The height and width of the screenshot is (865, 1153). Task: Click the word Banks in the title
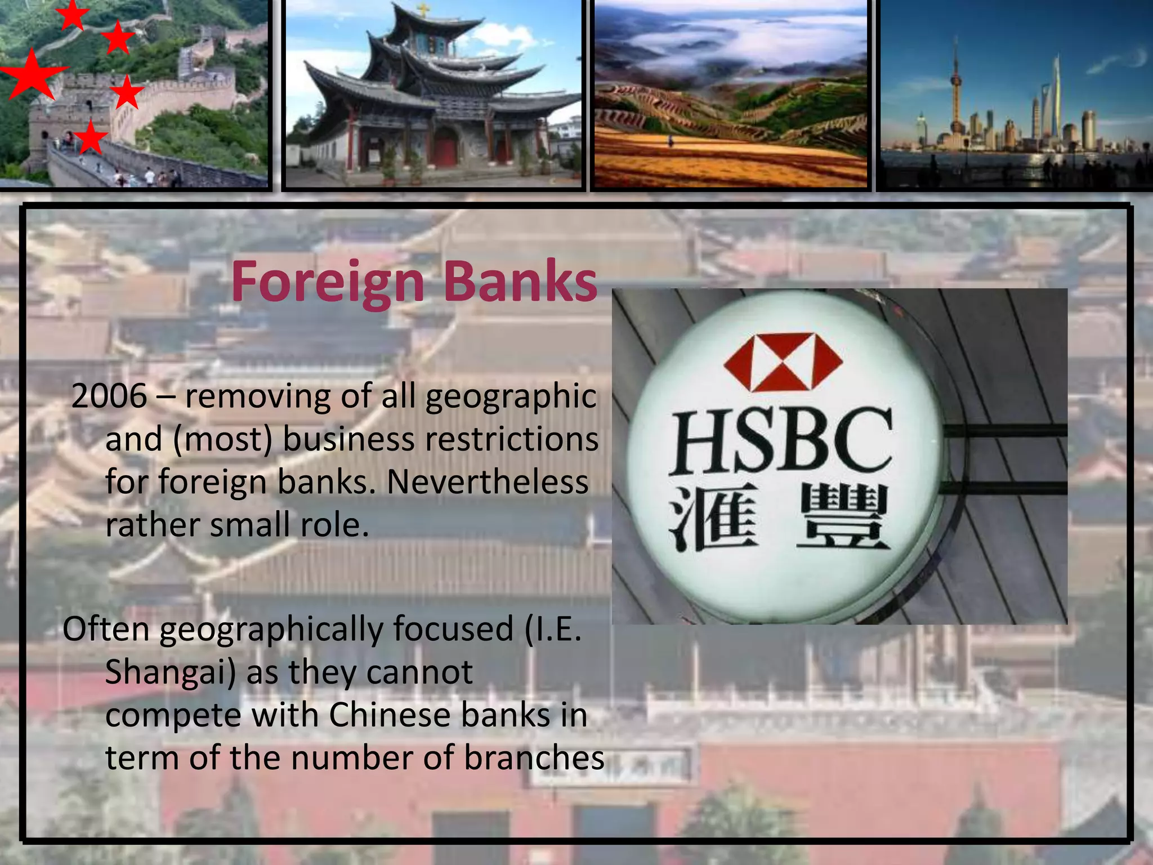pyautogui.click(x=520, y=282)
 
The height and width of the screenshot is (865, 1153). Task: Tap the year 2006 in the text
pyautogui.click(x=109, y=396)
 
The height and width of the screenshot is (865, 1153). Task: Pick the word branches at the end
pyautogui.click(x=534, y=758)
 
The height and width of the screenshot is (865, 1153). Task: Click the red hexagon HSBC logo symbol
pyautogui.click(x=783, y=362)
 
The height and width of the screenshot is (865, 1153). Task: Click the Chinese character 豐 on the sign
pyautogui.click(x=842, y=519)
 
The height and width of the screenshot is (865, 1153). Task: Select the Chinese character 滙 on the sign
pyautogui.click(x=713, y=519)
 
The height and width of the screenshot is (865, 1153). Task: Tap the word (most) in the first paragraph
pyautogui.click(x=223, y=439)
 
